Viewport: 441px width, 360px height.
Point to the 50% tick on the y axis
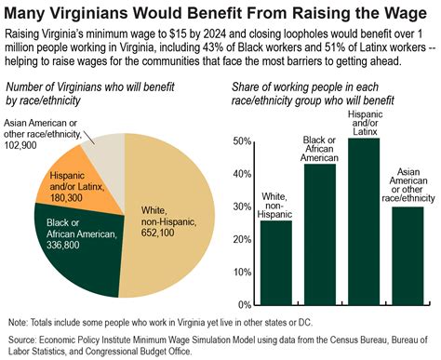click(x=240, y=141)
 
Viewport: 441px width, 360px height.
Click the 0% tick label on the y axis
click(x=243, y=304)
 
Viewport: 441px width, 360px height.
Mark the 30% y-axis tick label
click(x=240, y=207)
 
